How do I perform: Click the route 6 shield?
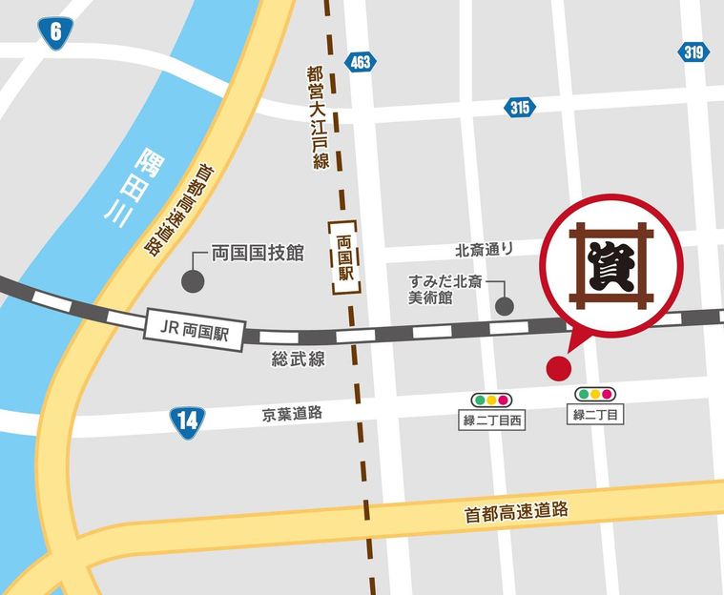point(56,32)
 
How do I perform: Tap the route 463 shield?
point(362,60)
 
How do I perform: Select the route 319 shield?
point(693,52)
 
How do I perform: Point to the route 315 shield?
point(520,108)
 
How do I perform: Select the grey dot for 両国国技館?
point(192,281)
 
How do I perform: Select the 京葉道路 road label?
point(292,414)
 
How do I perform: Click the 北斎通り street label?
point(484,250)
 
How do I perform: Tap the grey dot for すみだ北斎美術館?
point(505,306)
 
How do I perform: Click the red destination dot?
point(557,368)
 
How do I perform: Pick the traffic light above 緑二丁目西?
point(492,400)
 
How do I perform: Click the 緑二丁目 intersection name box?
point(594,415)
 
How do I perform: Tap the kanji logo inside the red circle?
point(610,265)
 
